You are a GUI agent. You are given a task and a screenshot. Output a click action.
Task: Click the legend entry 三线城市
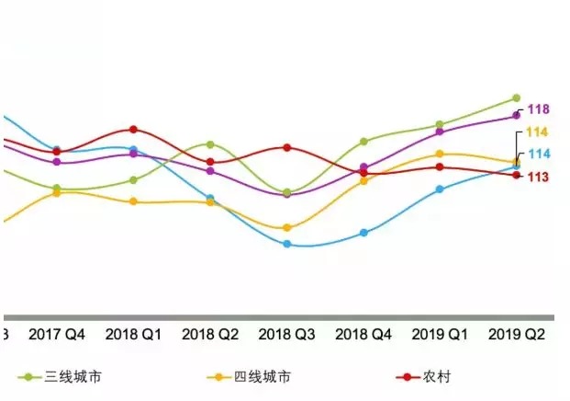pos(65,377)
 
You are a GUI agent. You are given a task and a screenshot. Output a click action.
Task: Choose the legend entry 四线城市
pos(263,377)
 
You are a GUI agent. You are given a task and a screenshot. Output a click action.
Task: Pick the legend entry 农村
pos(439,377)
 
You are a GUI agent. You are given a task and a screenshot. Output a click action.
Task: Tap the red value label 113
pos(538,177)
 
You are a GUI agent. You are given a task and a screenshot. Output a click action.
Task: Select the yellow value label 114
pos(538,132)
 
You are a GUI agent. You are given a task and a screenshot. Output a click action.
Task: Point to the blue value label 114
pos(538,154)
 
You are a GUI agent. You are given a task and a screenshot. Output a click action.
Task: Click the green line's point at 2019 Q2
pos(516,97)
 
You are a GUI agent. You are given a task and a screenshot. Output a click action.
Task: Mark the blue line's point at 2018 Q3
pos(287,244)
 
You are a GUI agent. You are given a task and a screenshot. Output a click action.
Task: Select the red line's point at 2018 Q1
pos(134,130)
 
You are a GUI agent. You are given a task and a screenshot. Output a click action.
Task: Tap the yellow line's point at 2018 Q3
pos(287,227)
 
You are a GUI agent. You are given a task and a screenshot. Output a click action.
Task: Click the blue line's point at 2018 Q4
pos(363,233)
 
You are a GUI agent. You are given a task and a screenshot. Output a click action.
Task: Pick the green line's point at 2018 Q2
pos(210,144)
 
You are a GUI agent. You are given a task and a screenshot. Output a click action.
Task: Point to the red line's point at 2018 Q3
pos(287,147)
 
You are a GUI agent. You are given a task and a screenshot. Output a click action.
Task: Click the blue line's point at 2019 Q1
pos(440,189)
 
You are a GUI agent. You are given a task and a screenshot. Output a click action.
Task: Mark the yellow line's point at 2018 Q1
pos(134,201)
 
